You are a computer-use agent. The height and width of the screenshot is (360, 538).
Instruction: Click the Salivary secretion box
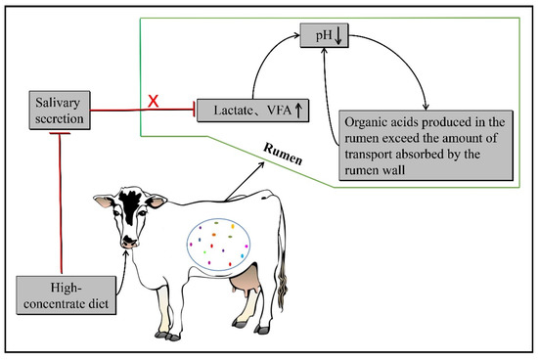click(x=61, y=110)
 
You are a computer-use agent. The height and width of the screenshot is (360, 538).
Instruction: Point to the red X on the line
click(x=152, y=99)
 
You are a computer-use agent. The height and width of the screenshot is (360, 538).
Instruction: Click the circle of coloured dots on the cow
click(x=226, y=244)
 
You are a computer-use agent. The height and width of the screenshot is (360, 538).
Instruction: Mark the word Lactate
click(x=231, y=111)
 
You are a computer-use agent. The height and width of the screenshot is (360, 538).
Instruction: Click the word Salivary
click(x=61, y=103)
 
